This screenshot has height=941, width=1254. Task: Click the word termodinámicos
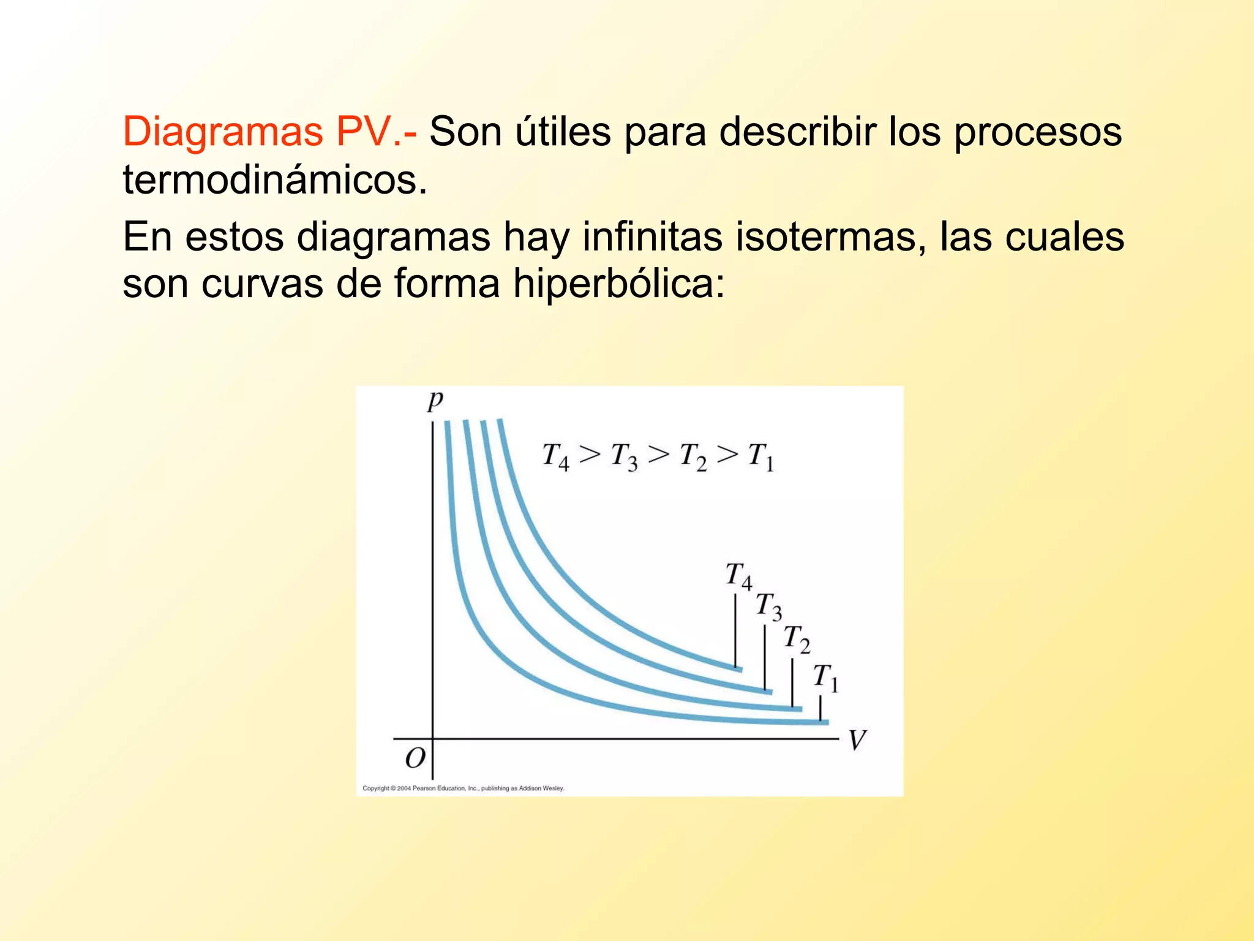tap(275, 180)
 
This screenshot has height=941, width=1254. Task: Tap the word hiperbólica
tap(619, 284)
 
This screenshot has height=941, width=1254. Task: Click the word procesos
tap(1038, 131)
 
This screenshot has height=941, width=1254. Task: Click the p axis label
tap(435, 401)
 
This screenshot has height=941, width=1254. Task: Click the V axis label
tap(857, 740)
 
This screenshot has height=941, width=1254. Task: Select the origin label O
tap(415, 758)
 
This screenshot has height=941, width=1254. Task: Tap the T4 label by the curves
tap(738, 576)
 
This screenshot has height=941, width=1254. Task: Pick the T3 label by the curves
tap(768, 607)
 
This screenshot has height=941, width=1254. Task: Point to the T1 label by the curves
tap(825, 678)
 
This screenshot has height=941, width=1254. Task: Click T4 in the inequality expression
tap(555, 457)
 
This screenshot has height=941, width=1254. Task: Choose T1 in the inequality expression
tap(761, 457)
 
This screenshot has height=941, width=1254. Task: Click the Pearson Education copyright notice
tap(464, 788)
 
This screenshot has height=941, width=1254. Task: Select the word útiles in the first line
tap(563, 131)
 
